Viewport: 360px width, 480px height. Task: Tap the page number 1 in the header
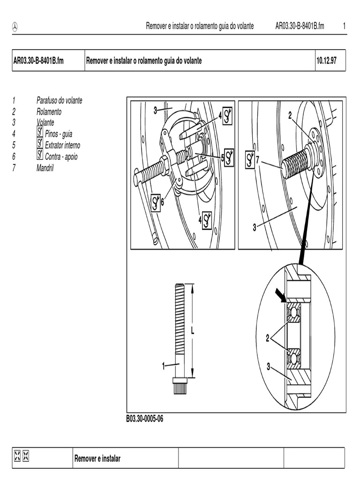click(x=344, y=26)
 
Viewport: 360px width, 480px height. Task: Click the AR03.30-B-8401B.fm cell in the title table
click(x=38, y=61)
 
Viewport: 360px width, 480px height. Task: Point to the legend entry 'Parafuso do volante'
click(x=59, y=100)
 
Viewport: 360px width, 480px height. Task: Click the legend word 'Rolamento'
click(x=49, y=112)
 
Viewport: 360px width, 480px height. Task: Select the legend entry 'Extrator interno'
click(x=62, y=145)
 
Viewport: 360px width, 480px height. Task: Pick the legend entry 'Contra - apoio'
click(x=61, y=157)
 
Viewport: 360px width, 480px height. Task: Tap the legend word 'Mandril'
click(x=45, y=167)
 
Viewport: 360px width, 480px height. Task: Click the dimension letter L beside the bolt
click(x=192, y=330)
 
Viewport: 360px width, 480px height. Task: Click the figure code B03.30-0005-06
click(x=144, y=419)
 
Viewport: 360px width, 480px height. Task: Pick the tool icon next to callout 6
click(x=156, y=202)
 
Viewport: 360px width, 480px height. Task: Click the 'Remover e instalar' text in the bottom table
click(x=97, y=458)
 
